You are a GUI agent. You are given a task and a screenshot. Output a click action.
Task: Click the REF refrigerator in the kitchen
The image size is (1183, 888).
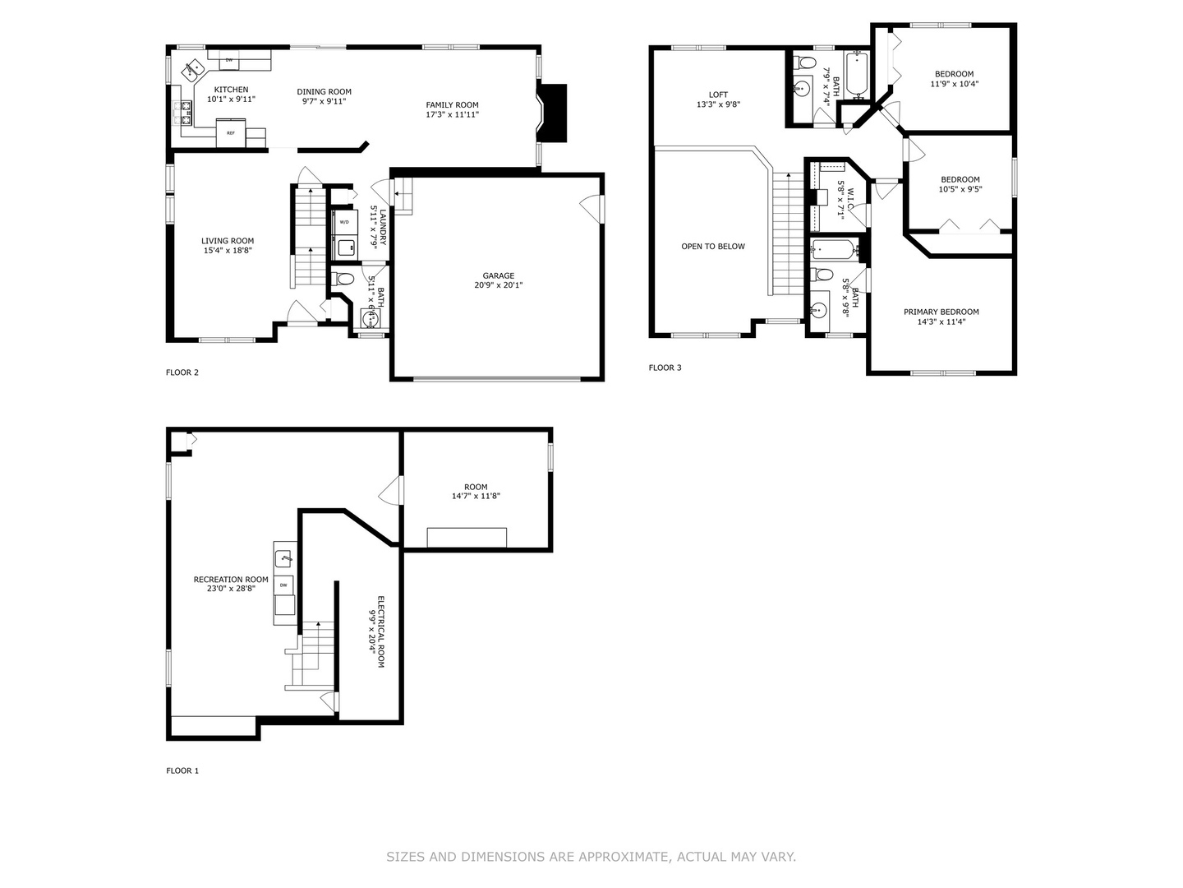click(x=231, y=132)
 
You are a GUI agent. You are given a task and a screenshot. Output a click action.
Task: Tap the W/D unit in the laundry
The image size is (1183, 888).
click(x=344, y=222)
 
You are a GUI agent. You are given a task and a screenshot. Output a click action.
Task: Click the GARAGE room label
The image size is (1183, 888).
click(x=498, y=275)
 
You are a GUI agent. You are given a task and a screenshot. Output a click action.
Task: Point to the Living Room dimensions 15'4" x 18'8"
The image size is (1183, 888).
click(x=228, y=250)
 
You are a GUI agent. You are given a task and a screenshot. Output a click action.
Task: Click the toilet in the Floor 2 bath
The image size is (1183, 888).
click(x=343, y=279)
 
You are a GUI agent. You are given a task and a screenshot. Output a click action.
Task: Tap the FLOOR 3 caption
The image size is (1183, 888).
click(x=665, y=368)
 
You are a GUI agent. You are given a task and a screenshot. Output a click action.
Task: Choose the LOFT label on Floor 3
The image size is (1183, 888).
click(x=718, y=95)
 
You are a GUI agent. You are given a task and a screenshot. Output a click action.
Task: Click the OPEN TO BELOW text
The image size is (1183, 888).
click(x=713, y=247)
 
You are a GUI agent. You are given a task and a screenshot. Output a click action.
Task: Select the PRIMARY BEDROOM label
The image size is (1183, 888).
click(x=941, y=312)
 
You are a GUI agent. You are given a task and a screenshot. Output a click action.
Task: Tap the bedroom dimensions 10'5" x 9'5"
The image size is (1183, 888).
click(x=960, y=189)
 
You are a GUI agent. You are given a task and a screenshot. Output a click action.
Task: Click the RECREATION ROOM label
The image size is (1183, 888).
click(x=231, y=580)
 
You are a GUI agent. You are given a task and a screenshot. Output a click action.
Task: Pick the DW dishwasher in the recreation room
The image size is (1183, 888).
click(x=284, y=585)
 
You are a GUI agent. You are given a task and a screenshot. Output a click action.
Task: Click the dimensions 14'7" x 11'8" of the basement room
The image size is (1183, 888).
click(x=476, y=496)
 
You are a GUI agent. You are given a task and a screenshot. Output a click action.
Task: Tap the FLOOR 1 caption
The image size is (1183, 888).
click(x=182, y=770)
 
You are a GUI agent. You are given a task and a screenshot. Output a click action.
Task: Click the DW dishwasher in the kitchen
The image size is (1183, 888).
click(x=229, y=60)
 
